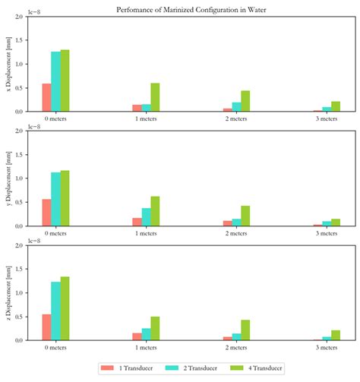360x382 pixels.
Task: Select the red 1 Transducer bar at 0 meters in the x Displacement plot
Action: click(46, 98)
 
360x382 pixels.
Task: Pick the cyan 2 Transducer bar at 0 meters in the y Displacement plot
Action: click(55, 200)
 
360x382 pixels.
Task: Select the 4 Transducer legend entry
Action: click(262, 368)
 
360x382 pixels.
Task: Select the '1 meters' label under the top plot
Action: click(146, 119)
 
